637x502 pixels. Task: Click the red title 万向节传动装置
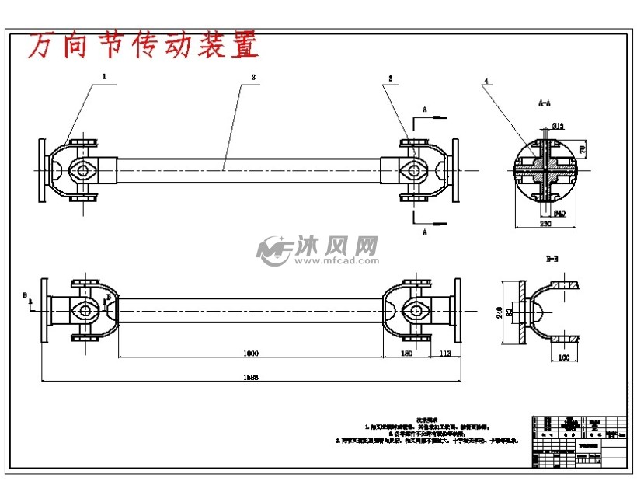(143, 47)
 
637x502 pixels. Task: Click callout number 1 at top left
(103, 77)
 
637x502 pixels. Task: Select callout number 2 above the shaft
(253, 77)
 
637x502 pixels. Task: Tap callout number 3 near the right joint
(391, 78)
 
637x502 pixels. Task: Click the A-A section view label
(546, 102)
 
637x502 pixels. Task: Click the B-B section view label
(552, 259)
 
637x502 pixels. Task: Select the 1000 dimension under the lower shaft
(249, 353)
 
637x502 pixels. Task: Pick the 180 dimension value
(406, 353)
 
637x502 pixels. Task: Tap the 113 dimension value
(445, 353)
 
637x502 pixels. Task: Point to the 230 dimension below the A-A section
(546, 225)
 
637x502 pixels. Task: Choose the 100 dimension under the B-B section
(564, 357)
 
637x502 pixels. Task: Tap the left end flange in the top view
(41, 170)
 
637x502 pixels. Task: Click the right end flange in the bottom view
(457, 311)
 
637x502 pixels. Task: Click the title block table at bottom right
(579, 441)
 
